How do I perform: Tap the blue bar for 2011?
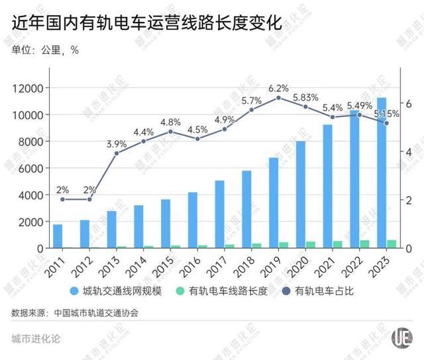(x=58, y=236)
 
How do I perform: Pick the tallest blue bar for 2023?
(x=382, y=173)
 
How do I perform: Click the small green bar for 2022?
(x=365, y=244)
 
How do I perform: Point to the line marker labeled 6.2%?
(x=279, y=98)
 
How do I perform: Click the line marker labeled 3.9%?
(x=117, y=153)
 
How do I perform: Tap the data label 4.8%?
(x=171, y=122)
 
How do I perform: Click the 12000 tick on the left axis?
(x=28, y=88)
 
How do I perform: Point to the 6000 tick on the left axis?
(x=30, y=168)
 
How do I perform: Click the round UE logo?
(x=399, y=337)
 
